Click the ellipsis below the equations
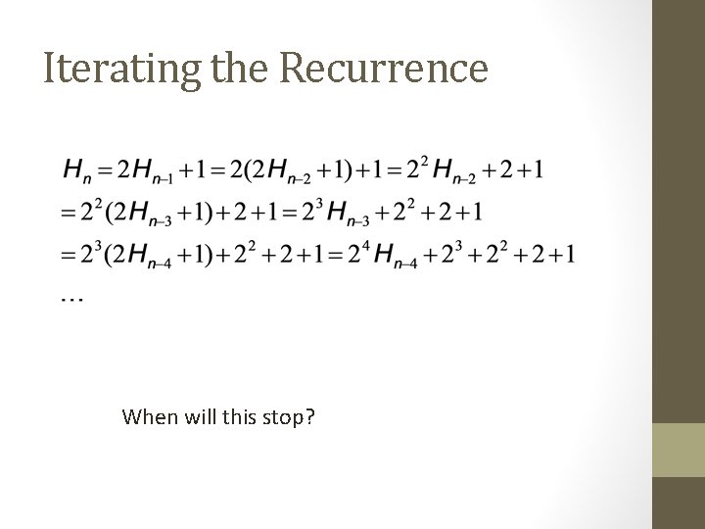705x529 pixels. tap(71, 296)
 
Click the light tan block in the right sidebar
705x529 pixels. tap(678, 451)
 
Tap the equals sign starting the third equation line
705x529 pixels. tap(67, 255)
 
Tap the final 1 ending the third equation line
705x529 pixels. tap(571, 255)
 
